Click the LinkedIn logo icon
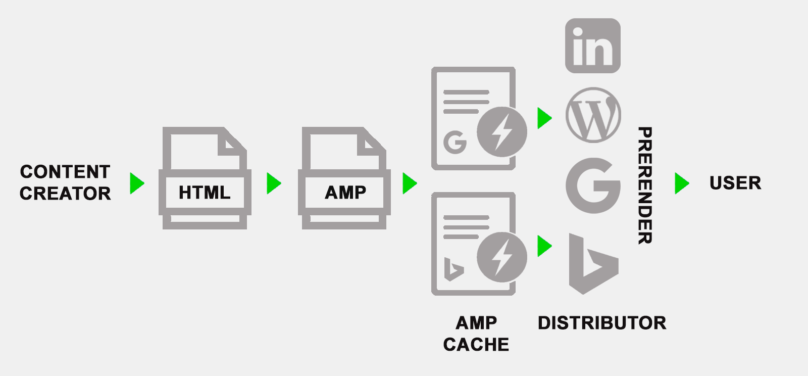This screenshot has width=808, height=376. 592,45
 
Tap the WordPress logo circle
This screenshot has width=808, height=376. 593,115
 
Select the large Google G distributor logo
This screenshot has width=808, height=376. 593,185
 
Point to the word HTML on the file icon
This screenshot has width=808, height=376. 204,193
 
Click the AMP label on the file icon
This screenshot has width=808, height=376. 345,193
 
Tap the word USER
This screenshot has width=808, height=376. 735,183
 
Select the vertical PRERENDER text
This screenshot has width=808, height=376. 645,185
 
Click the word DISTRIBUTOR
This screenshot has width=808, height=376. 602,323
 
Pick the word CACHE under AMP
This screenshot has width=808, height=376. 476,345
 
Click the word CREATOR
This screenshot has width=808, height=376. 65,194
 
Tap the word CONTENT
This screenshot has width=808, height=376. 65,172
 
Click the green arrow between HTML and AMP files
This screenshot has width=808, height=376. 273,183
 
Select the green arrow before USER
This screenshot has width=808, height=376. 681,183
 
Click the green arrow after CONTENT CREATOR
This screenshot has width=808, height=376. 136,183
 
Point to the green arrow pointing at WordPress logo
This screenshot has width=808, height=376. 544,118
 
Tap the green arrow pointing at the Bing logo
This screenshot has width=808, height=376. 544,246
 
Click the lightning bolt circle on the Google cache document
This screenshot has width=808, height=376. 501,132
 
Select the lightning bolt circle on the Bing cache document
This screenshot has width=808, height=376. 501,257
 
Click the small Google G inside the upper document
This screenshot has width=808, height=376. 455,142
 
